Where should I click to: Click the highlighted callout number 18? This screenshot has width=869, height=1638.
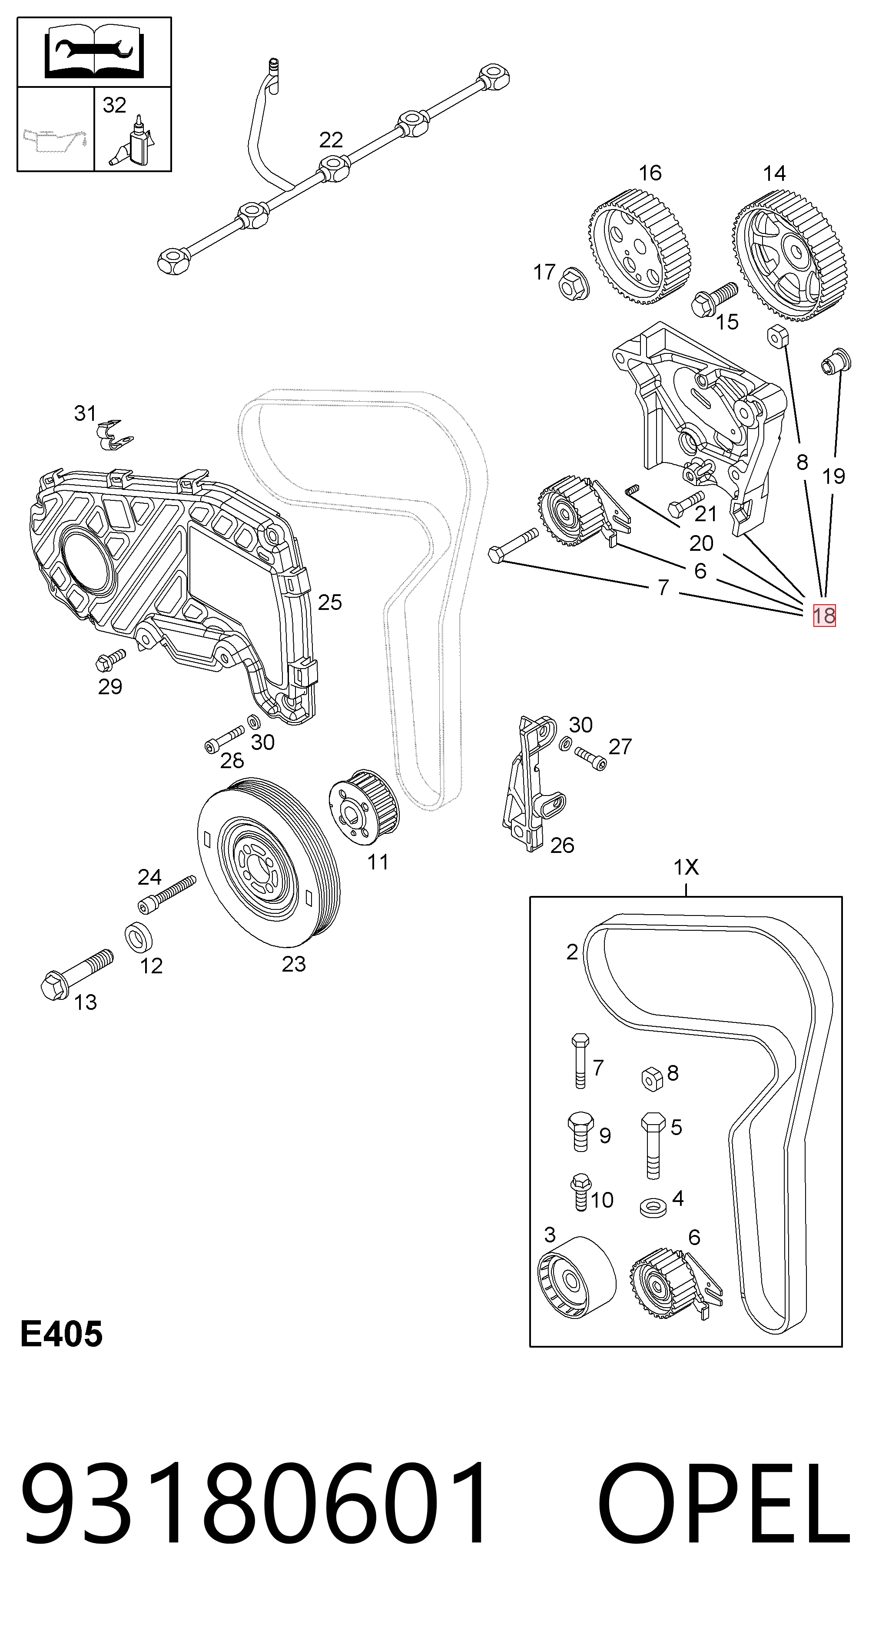(x=825, y=616)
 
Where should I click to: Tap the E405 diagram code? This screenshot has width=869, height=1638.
(x=61, y=1334)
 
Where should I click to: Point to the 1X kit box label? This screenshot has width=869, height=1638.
(x=686, y=867)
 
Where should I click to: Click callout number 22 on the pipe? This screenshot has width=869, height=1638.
(x=331, y=140)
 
